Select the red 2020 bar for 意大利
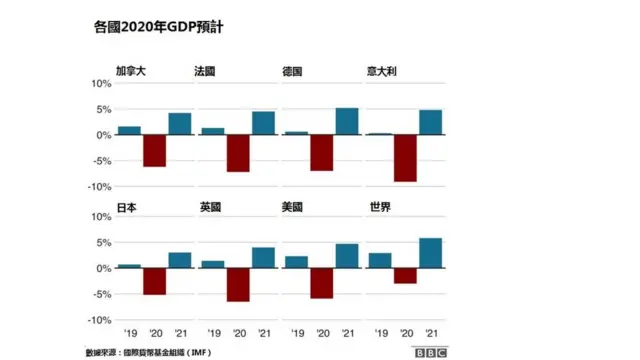[x=405, y=158]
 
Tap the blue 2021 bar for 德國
[x=347, y=121]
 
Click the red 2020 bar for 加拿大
[x=154, y=150]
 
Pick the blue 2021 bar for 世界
[x=431, y=253]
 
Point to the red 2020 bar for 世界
[x=405, y=276]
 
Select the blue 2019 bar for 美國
[x=296, y=262]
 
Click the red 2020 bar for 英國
[x=238, y=285]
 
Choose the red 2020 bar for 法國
[x=238, y=153]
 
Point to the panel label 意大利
[x=385, y=72]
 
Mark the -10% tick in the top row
[x=100, y=187]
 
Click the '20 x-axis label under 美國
[x=322, y=333]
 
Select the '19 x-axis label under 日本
[x=129, y=333]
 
